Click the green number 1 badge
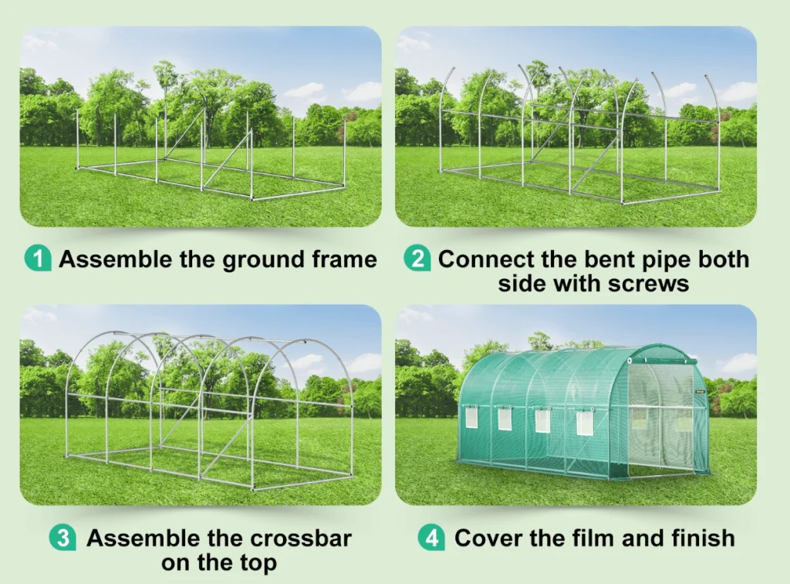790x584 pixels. (x=38, y=258)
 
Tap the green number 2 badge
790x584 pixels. (x=417, y=258)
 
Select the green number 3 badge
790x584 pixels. (x=62, y=538)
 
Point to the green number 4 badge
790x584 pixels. (x=431, y=538)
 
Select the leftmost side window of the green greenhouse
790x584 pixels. (x=471, y=417)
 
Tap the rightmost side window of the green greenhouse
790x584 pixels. (x=584, y=423)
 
